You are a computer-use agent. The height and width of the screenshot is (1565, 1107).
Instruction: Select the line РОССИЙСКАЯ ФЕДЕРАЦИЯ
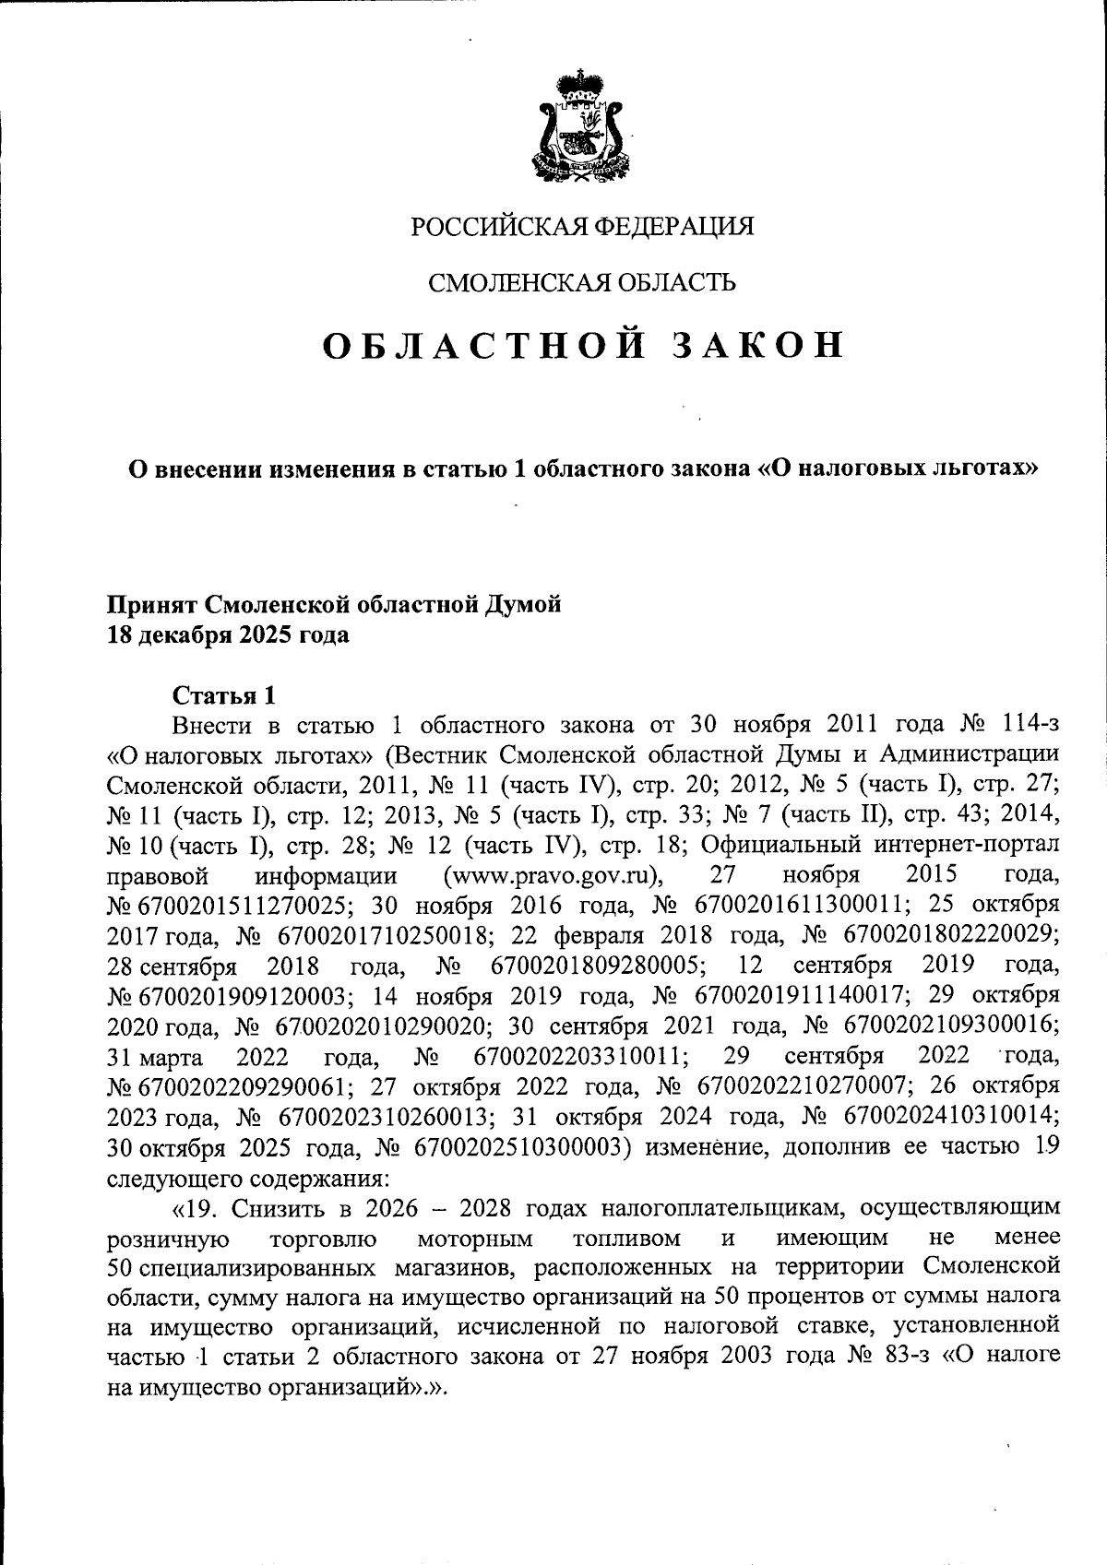582,226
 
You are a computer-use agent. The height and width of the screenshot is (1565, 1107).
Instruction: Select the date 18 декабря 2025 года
229,635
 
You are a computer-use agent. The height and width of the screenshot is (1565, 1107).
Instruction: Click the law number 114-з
1020,724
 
